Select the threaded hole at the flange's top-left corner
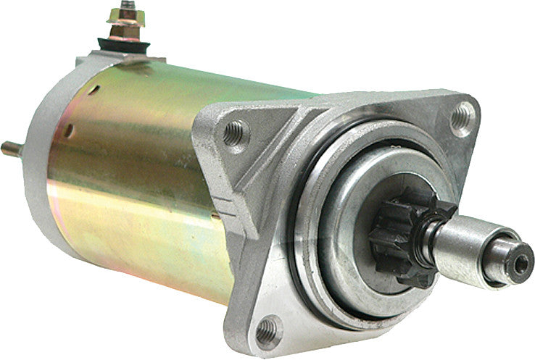click(233, 132)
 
